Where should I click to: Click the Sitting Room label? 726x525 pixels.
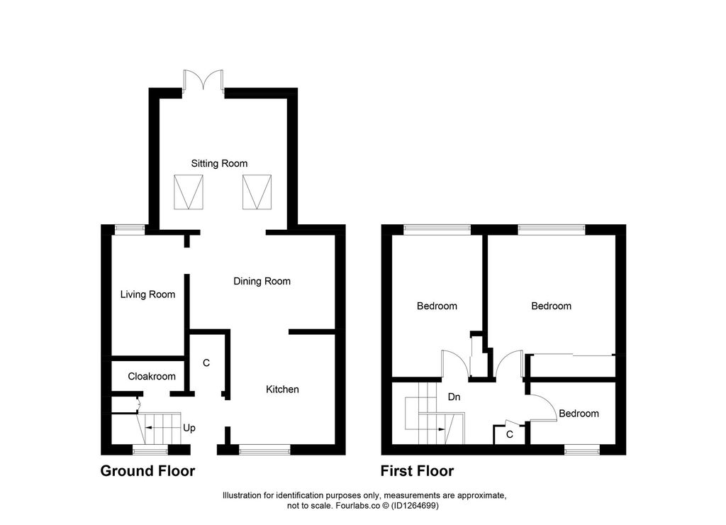(219, 163)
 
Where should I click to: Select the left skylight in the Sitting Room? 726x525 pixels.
(188, 192)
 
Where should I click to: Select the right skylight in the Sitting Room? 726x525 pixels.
(257, 192)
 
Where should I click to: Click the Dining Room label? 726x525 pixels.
(262, 281)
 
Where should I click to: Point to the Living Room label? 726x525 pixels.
(147, 294)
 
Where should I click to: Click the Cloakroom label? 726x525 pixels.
(152, 376)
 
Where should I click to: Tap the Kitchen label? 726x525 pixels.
(282, 389)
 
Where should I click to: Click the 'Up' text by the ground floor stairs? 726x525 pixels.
(189, 429)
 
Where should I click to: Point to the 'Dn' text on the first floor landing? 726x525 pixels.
(454, 397)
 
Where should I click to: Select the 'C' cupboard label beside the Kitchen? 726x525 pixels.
(206, 363)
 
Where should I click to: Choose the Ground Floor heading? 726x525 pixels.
(147, 470)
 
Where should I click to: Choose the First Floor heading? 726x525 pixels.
(417, 470)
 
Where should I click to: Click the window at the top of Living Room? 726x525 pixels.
(130, 228)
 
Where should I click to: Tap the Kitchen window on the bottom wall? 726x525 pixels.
(264, 448)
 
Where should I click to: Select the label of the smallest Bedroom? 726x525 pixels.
(579, 414)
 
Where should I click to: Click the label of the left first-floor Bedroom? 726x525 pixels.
(437, 306)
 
